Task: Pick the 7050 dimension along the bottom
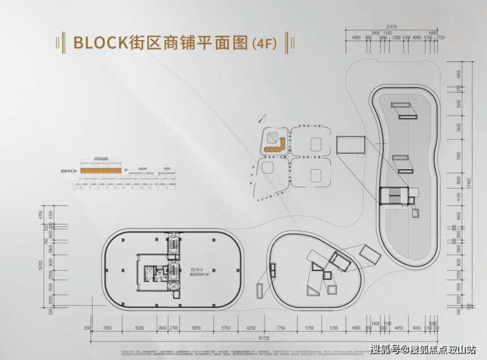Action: click(109, 327)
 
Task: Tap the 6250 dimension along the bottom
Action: click(251, 327)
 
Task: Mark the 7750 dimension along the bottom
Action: click(280, 327)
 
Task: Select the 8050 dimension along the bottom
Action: click(196, 327)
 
